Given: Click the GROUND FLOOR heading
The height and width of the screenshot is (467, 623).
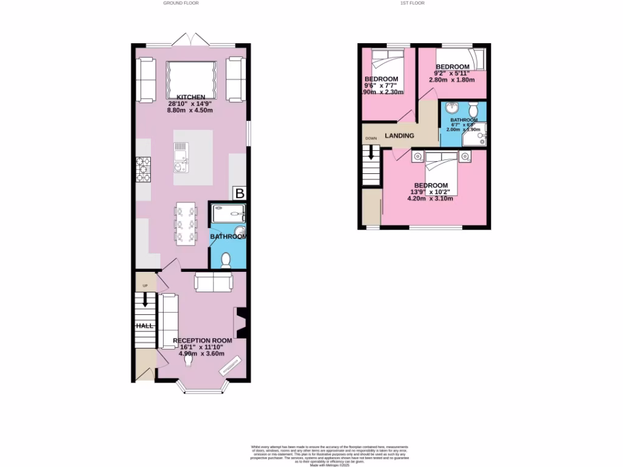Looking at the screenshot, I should tap(181, 3).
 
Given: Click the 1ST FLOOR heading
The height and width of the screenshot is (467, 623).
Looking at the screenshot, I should tap(412, 3).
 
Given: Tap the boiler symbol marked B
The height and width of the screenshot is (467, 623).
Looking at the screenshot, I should tap(240, 194).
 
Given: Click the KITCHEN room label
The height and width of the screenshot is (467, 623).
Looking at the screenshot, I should tap(190, 97).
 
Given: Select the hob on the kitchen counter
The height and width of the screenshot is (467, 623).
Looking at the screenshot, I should tap(143, 169).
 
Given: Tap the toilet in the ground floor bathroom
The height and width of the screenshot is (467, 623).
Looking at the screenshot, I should tap(226, 260).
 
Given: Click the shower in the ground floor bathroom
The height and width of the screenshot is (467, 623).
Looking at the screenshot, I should tap(228, 214).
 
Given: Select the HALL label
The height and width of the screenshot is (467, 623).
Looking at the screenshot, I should tap(145, 326).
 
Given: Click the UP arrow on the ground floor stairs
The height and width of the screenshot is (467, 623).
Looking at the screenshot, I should tap(145, 299).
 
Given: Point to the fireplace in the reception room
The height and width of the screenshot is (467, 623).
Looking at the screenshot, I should tap(240, 323).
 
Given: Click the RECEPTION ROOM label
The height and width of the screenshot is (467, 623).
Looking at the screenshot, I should tap(203, 341).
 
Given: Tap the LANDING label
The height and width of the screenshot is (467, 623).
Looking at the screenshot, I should tap(399, 136).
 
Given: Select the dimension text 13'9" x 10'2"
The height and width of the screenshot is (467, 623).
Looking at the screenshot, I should tap(431, 192).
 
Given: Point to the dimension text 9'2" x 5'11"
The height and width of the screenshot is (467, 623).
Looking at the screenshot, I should tap(451, 73).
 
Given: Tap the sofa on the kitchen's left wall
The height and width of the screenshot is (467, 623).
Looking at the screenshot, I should tap(146, 79).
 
